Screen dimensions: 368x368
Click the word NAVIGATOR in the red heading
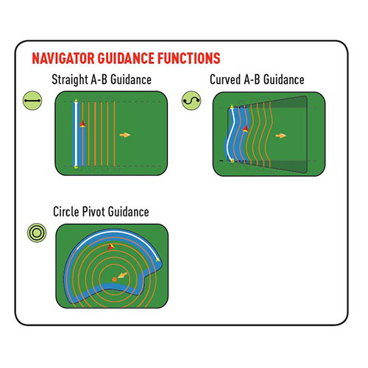63,58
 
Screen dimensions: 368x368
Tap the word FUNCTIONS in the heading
188,58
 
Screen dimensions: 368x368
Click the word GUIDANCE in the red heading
126,58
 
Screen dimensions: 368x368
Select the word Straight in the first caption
70,79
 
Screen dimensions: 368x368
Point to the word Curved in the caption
225,79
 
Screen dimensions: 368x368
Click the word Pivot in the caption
93,211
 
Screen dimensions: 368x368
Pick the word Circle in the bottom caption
66,211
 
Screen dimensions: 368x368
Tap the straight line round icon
32,101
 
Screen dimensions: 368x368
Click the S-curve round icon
191,101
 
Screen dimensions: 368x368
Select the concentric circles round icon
37,233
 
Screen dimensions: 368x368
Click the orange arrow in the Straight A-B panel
125,135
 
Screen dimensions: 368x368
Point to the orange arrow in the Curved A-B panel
280,135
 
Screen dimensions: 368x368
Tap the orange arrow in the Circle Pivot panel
122,275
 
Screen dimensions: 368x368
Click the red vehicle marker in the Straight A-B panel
82,124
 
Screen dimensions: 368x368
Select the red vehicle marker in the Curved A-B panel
245,128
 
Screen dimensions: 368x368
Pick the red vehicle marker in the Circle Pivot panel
111,247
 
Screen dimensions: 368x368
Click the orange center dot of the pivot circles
114,280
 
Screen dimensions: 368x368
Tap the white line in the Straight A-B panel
76,134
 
